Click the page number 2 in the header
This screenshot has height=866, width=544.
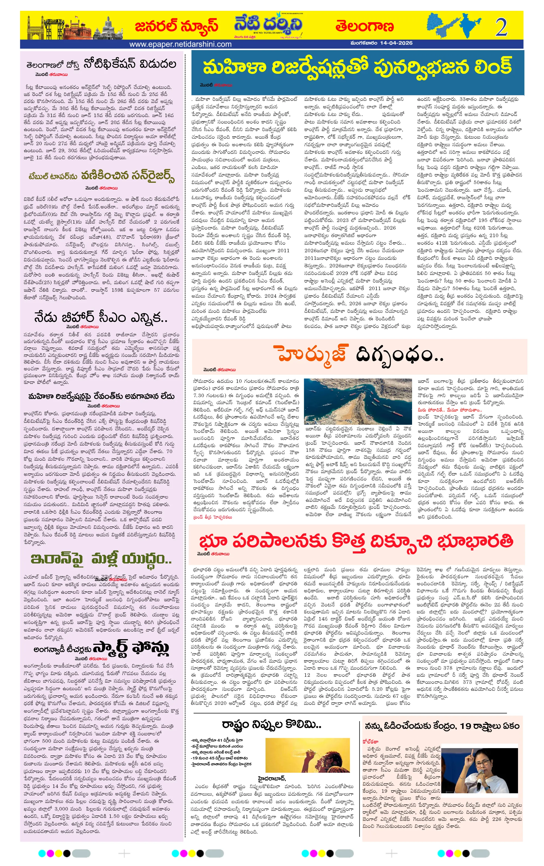click(501, 27)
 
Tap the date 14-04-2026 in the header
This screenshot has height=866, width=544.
click(396, 43)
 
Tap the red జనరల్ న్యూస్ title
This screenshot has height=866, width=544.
click(176, 26)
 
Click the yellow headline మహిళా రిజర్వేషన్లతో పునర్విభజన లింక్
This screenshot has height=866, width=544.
click(357, 67)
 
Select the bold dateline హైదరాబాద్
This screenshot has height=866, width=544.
click(271, 778)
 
